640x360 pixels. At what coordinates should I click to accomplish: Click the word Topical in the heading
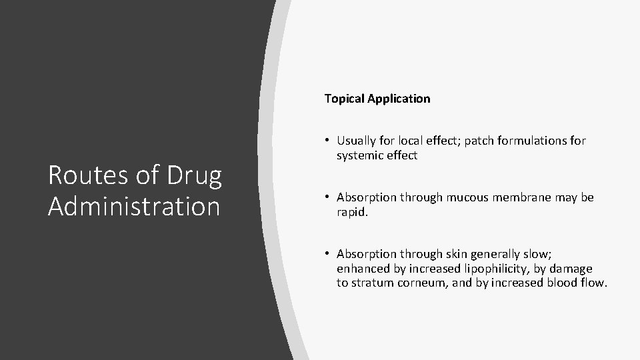point(343,99)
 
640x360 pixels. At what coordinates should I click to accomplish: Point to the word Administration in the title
point(133,206)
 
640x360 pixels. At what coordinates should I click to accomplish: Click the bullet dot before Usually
point(329,141)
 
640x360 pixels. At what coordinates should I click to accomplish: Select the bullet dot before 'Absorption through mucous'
point(329,197)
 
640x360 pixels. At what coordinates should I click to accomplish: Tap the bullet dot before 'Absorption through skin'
point(329,254)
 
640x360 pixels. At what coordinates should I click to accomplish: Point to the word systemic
point(359,155)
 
